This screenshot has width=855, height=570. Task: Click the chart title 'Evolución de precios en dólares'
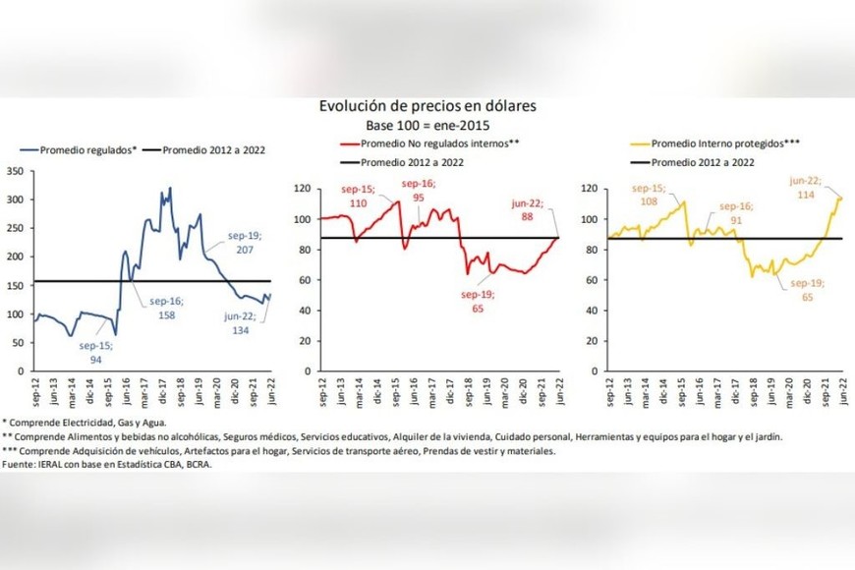point(426,105)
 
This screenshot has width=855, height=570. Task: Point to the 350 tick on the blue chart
point(15,171)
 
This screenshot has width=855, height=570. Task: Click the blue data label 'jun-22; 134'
point(236,323)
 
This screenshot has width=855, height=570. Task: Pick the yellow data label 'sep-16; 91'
point(735,213)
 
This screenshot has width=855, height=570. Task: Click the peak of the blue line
point(170,189)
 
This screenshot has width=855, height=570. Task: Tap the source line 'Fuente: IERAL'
point(109,464)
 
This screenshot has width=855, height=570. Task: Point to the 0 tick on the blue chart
point(22,371)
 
